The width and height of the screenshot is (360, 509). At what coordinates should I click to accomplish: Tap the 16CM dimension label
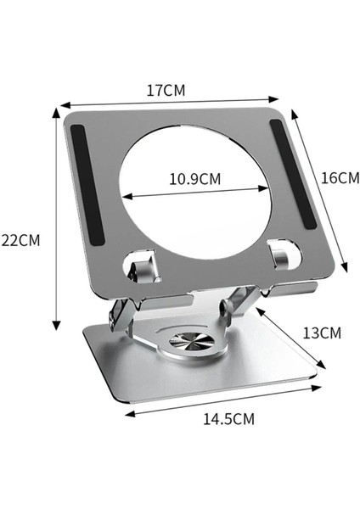tap(340, 177)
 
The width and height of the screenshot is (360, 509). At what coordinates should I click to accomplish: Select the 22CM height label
tap(20, 239)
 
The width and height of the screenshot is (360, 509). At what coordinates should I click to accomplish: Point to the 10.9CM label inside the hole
tap(194, 179)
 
